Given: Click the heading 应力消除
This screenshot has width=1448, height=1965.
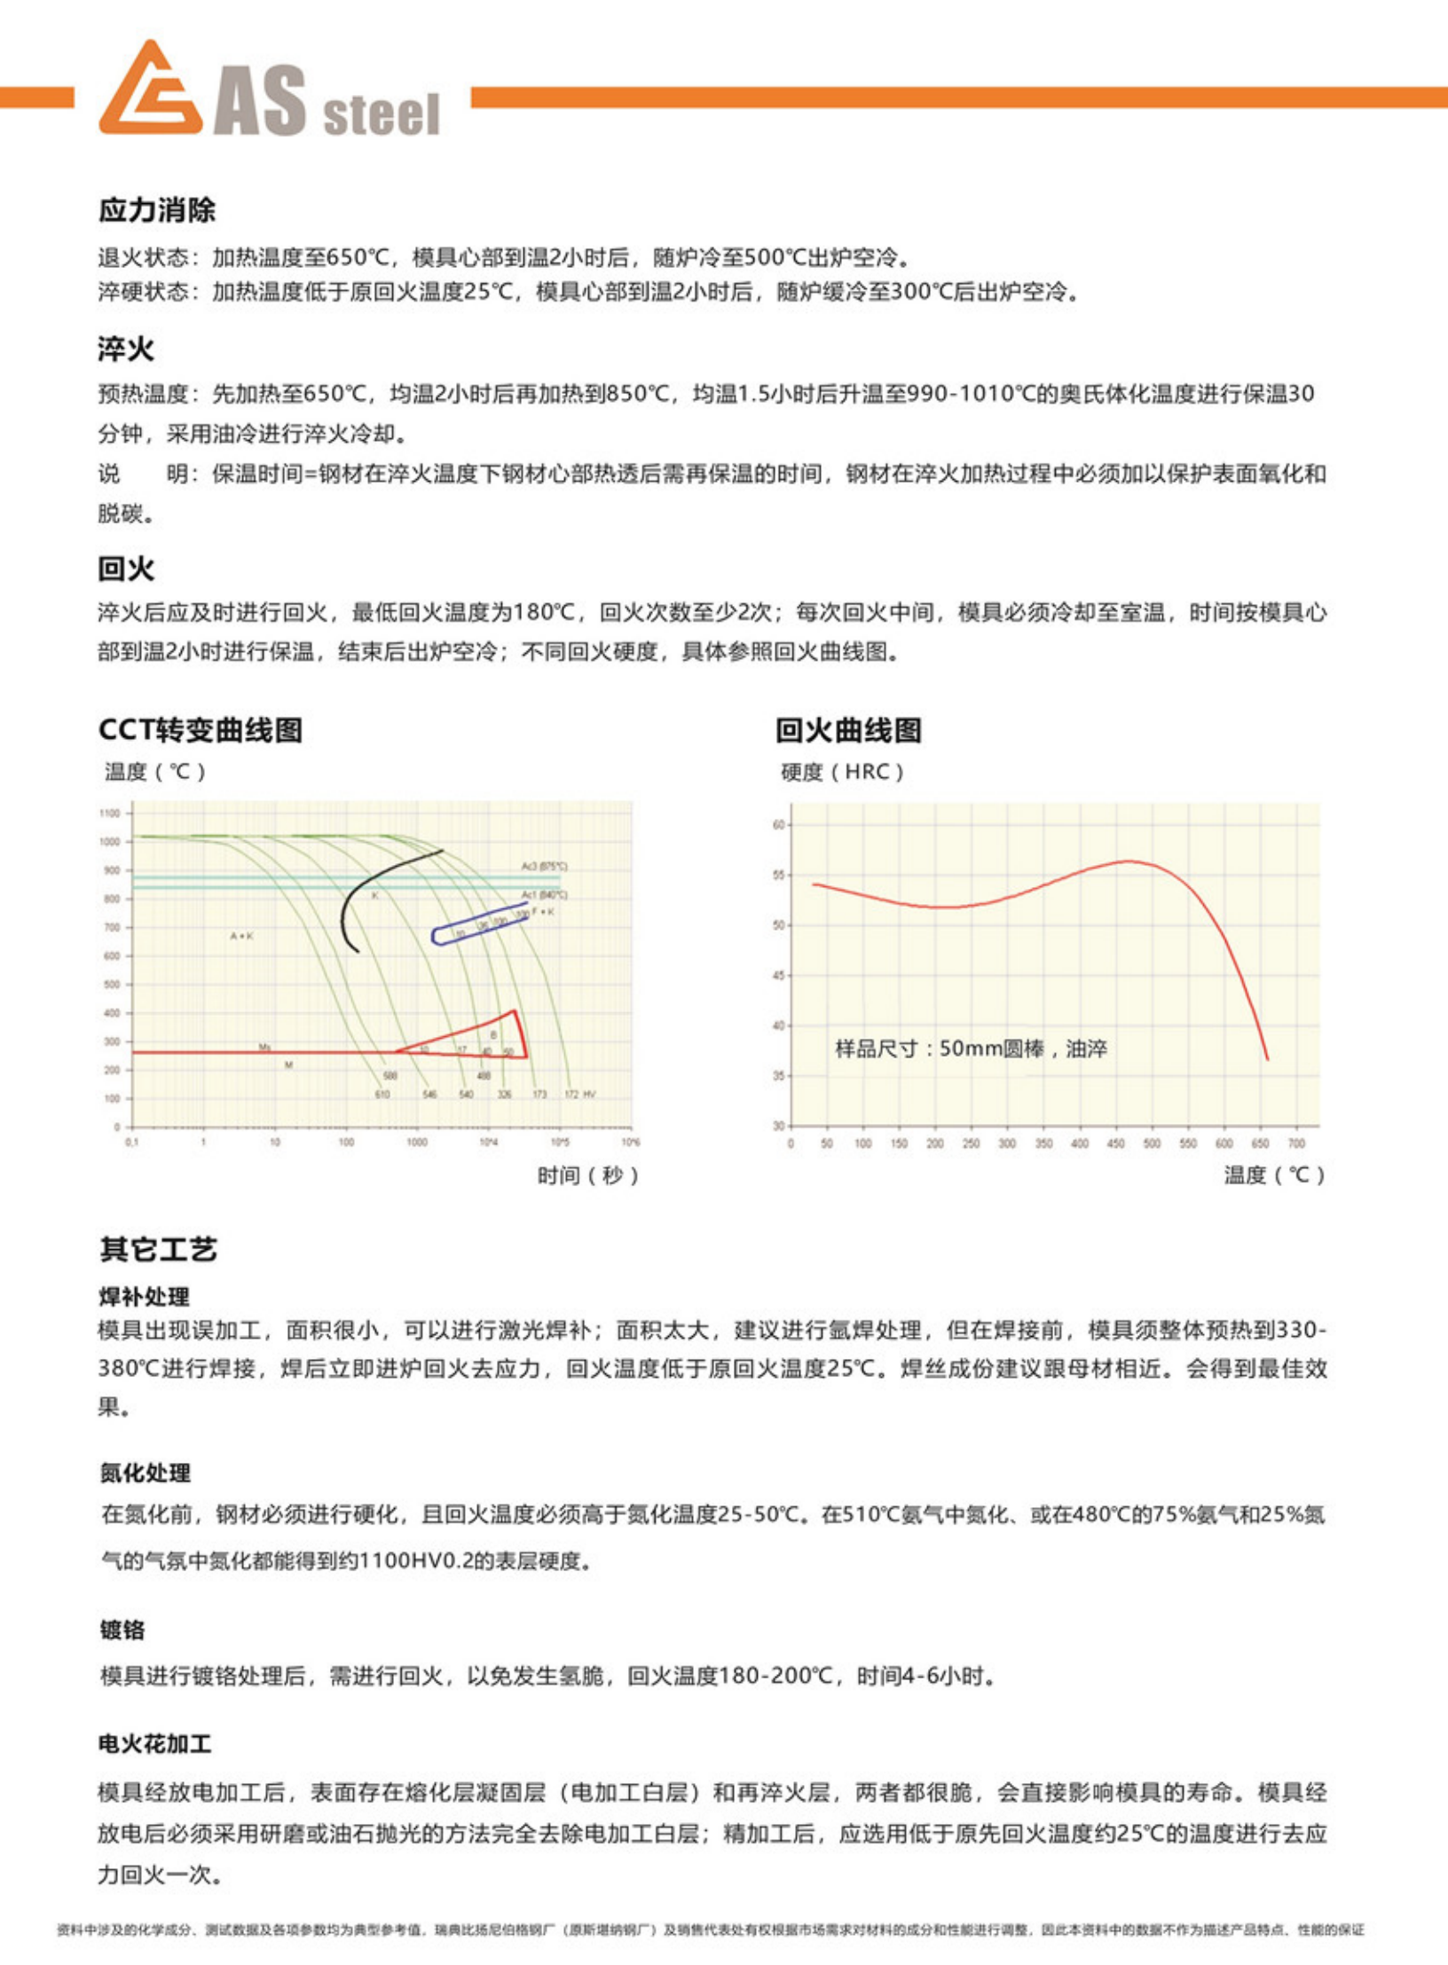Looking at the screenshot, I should click(x=157, y=210).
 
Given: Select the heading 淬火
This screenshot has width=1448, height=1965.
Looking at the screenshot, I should click(x=126, y=349).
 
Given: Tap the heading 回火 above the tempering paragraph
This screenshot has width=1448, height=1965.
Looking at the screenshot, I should click(x=126, y=568).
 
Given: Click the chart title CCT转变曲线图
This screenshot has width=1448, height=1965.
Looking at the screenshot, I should click(x=201, y=730).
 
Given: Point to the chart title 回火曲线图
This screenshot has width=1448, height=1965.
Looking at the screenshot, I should click(x=848, y=730).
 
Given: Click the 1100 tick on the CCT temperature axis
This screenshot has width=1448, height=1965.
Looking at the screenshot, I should click(x=109, y=813).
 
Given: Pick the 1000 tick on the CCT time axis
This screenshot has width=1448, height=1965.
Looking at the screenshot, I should click(x=417, y=1143).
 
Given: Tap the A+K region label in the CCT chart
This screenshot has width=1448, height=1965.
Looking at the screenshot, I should click(x=242, y=936).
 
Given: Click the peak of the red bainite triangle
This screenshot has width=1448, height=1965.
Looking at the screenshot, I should click(x=514, y=1011).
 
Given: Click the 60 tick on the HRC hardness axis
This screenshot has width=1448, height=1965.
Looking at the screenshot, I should click(x=778, y=825).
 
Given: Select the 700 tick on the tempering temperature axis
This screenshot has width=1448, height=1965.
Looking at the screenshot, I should click(x=1296, y=1144).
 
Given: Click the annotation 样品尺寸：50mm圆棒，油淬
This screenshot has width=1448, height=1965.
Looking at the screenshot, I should click(x=971, y=1049).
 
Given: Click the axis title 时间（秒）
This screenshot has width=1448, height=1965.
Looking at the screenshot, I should click(x=587, y=1175).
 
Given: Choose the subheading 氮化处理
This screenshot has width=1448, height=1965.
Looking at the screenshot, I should click(x=145, y=1473).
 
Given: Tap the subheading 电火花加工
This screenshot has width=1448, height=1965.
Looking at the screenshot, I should click(x=155, y=1744).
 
